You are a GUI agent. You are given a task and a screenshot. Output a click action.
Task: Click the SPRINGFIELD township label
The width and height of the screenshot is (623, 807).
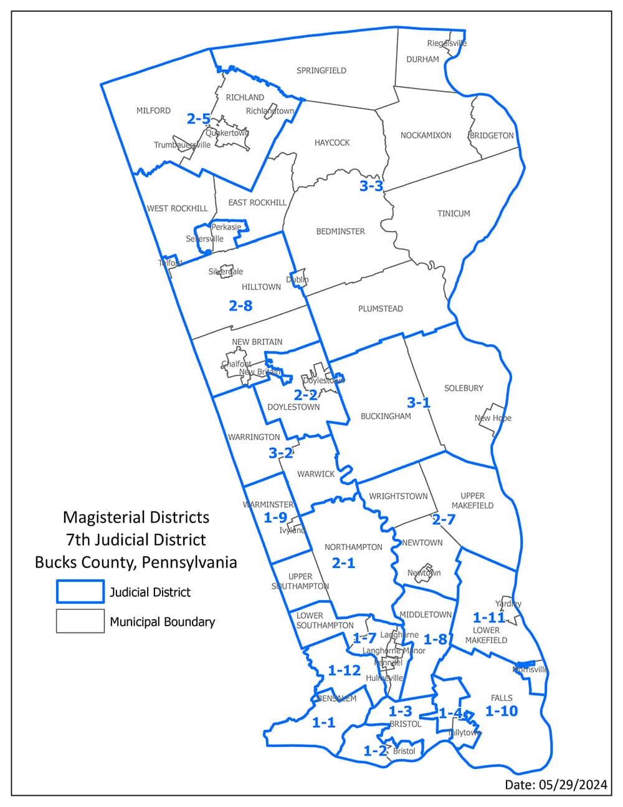click(321, 70)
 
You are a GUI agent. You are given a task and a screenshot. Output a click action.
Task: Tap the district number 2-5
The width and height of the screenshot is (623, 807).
click(198, 118)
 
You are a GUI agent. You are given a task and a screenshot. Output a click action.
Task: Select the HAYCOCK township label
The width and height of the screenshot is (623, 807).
click(332, 143)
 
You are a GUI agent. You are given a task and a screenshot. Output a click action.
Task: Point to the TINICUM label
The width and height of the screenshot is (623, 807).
click(453, 213)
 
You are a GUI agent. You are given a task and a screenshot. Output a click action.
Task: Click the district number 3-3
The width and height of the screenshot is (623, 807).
click(371, 186)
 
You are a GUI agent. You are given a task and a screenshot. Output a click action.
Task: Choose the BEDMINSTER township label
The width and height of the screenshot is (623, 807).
click(340, 231)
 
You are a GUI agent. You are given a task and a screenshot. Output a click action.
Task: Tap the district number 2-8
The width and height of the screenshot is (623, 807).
click(240, 306)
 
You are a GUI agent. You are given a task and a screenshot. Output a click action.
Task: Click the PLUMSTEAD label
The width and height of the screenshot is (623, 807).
click(380, 309)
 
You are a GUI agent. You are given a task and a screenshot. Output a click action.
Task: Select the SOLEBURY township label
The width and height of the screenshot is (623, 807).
click(464, 388)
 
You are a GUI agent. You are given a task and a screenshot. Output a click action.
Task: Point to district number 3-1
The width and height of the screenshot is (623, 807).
click(419, 402)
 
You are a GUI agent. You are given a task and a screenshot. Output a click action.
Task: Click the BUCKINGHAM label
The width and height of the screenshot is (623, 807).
click(386, 416)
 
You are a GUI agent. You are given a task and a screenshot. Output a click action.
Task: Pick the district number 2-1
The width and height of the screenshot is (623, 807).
click(343, 563)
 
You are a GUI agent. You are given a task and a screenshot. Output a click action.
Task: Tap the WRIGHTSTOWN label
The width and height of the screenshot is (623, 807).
click(398, 496)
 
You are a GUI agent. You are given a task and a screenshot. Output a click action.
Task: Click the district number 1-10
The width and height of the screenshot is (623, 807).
click(502, 711)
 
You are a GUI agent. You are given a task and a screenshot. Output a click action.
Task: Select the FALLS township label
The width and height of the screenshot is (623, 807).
click(502, 698)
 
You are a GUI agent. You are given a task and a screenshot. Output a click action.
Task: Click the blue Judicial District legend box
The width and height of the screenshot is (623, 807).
click(80, 591)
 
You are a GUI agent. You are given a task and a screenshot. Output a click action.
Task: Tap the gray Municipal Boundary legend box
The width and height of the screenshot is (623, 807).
click(80, 621)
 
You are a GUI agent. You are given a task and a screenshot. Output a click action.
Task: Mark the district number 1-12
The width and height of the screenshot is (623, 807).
click(344, 670)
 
